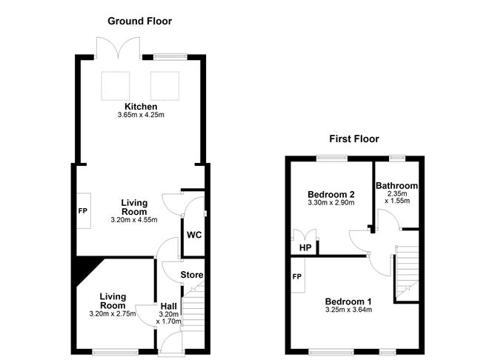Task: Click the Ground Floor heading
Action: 139,21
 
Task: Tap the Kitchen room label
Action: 140,107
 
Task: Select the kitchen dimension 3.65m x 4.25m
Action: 140,116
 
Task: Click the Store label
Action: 193,276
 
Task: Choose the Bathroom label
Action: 396,185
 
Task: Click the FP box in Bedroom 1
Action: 297,276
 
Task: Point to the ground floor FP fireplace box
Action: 82,210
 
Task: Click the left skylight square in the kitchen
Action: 116,84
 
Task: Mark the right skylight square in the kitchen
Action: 165,84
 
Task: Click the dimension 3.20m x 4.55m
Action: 135,219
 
